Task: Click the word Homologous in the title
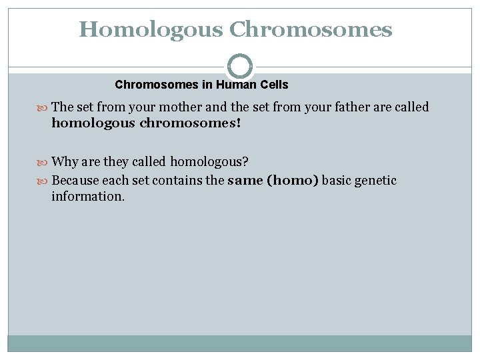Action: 151,29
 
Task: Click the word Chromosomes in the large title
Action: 311,29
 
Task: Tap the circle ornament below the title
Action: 240,66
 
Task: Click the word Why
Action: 64,161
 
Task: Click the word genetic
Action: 376,180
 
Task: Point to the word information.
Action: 88,197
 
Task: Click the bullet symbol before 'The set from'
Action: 44,107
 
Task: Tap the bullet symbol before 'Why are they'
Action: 44,162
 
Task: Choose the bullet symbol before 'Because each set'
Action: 44,181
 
